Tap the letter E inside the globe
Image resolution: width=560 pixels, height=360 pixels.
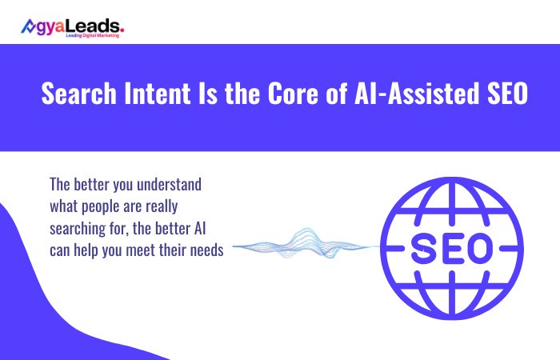coord(457,250)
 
